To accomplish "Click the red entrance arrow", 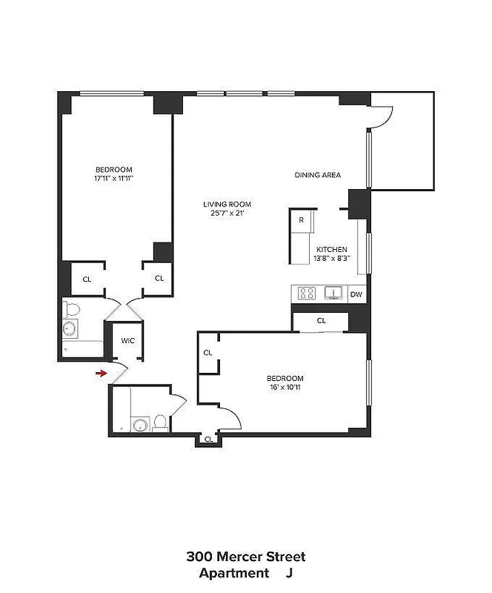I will coord(101,373).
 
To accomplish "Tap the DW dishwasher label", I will coord(356,294).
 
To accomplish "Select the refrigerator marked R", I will coord(302,220).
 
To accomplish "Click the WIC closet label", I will coord(128,340).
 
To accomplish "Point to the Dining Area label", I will coord(318,175).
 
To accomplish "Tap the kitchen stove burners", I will coord(307,294).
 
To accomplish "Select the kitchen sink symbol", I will coord(334,294).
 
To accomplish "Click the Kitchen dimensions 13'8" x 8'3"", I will coord(333,258).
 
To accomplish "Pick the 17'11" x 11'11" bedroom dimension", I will coord(113,178).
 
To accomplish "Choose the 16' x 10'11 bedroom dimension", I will coord(286,386).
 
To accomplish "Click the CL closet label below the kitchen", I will coord(321,321).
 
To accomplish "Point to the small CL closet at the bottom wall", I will coord(208,439).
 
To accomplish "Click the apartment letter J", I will coord(290,573).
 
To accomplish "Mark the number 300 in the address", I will coord(199,557).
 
